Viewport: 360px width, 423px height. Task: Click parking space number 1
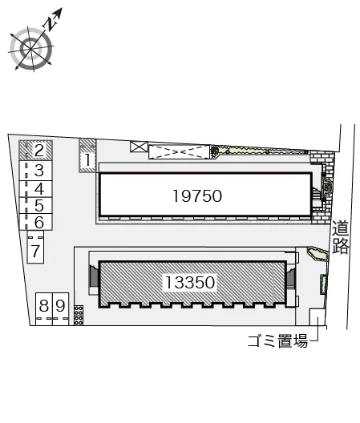87,155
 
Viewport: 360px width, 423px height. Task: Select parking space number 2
35,151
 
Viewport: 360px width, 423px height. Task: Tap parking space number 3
35,171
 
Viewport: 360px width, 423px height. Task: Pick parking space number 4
35,189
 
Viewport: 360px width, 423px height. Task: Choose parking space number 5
35,206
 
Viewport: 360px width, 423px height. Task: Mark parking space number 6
35,222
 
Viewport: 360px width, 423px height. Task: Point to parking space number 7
35,247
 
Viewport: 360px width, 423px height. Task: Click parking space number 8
44,309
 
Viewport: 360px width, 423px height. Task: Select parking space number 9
60,309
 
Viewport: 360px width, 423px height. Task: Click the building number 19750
197,196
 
